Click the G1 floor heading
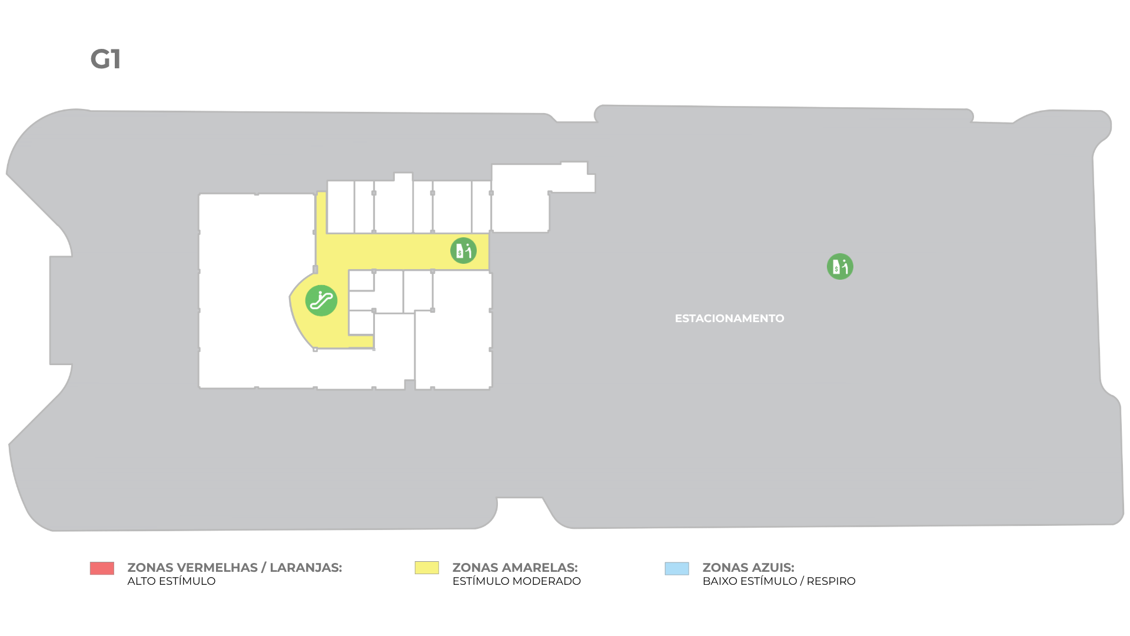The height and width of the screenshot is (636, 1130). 106,59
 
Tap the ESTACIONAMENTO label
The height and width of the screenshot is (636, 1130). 729,319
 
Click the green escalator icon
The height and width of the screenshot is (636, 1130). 321,300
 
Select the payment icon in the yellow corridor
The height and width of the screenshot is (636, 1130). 463,251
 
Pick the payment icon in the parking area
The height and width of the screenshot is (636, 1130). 840,267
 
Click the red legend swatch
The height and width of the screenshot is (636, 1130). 102,568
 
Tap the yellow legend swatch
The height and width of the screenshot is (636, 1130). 427,568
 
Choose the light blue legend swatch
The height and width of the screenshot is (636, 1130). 677,568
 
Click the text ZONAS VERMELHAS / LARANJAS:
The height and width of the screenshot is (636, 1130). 235,568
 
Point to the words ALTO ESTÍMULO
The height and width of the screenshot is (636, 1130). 171,581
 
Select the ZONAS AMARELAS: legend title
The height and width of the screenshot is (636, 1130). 515,568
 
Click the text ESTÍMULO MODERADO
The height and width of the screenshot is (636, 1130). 517,581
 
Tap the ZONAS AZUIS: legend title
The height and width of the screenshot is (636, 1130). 749,568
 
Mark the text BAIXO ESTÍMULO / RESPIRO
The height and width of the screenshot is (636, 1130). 779,581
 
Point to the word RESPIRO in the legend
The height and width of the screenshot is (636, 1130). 831,581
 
